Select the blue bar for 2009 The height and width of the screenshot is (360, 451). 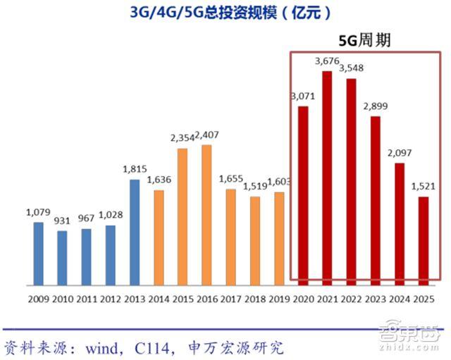(39, 254)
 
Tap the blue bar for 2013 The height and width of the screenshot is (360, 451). (135, 232)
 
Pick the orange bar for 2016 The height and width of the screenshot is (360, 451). (206, 215)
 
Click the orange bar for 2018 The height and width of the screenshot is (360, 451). (255, 241)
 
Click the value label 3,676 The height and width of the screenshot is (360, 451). (328, 61)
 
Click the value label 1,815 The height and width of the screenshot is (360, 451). (135, 170)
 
